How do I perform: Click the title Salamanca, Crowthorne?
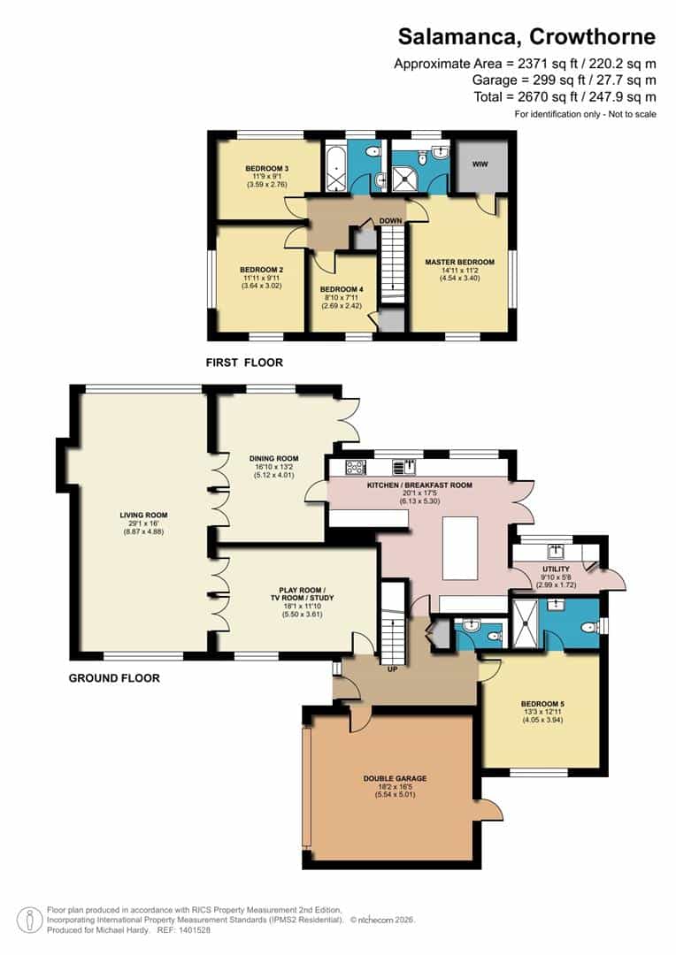pos(526,36)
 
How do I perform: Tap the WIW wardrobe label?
pos(480,164)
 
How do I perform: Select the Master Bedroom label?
pos(459,263)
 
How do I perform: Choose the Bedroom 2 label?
pos(261,270)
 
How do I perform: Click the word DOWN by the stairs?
pos(391,220)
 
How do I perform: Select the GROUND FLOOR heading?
pos(114,678)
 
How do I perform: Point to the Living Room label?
pos(144,515)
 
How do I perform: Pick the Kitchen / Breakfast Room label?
pos(419,485)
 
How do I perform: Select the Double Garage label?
pos(395,778)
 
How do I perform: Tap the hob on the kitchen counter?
pos(356,467)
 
